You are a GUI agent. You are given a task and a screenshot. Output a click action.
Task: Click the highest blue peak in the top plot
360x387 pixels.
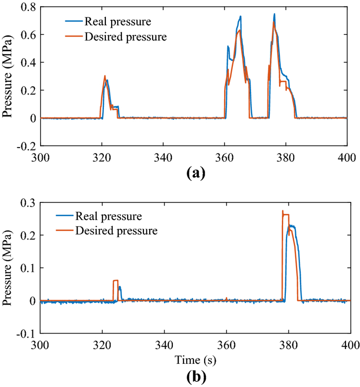click(275, 14)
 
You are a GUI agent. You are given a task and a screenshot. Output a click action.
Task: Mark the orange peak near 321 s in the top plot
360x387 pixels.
click(105, 76)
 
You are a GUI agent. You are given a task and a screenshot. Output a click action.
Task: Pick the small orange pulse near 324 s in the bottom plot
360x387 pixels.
click(116, 281)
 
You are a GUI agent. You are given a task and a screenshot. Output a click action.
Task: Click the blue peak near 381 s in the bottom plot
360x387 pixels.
click(291, 225)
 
